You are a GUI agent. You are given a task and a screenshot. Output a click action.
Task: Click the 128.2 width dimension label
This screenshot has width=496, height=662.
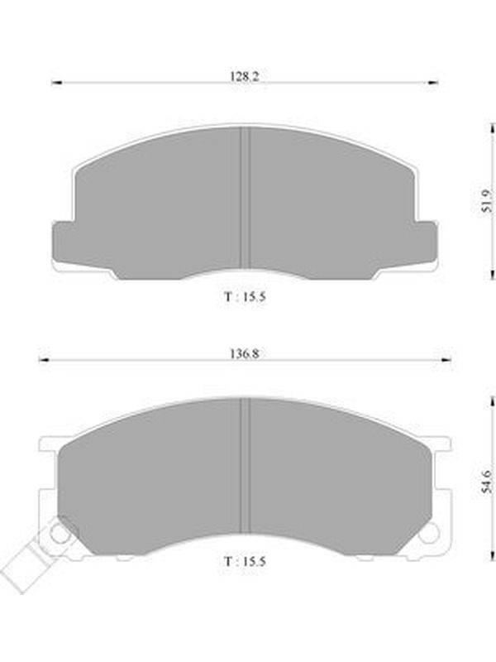(244, 76)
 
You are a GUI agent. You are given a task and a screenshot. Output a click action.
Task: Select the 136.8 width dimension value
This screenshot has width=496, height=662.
(244, 353)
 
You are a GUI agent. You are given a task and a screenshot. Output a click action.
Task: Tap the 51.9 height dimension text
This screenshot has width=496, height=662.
(486, 200)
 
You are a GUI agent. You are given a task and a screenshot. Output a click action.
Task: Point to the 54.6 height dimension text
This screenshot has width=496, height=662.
(486, 482)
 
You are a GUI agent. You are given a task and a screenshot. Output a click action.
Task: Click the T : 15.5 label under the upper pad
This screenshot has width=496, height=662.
(245, 296)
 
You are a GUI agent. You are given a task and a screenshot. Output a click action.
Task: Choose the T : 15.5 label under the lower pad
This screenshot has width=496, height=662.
(245, 562)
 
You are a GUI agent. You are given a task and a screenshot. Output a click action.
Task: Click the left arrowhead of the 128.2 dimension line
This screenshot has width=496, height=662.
(56, 83)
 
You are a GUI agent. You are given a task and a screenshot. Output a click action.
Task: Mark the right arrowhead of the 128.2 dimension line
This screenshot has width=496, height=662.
(432, 83)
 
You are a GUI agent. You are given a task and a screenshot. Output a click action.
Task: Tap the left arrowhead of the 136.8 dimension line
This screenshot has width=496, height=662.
(44, 360)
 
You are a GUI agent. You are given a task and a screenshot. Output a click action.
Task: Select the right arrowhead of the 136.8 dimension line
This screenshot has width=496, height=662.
(446, 360)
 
